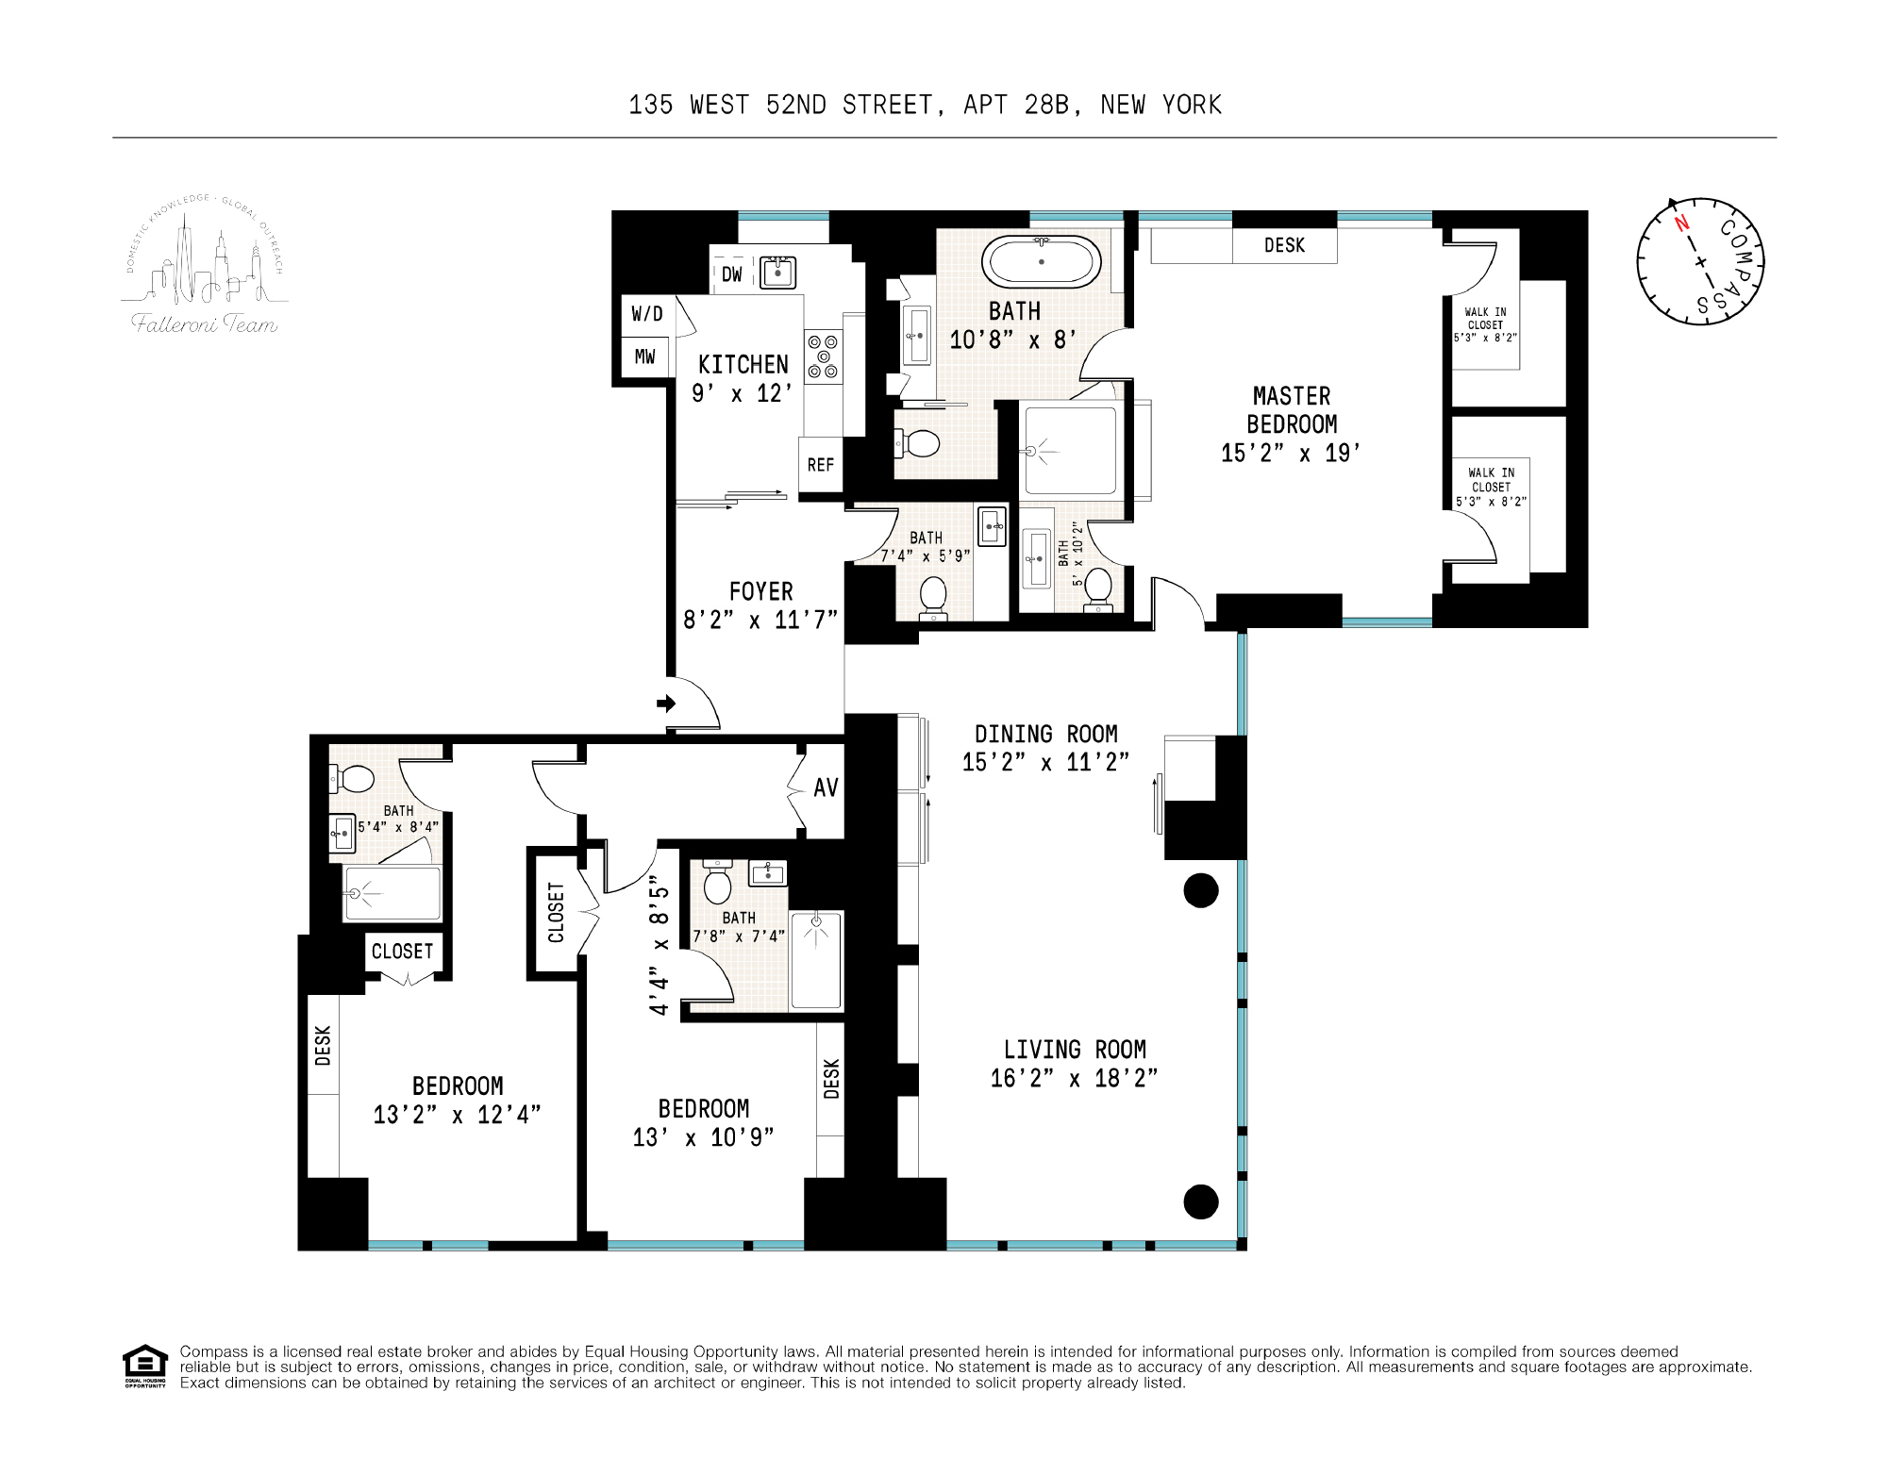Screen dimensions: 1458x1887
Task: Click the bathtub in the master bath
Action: tap(1041, 261)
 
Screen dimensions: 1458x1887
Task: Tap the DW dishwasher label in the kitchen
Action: tap(732, 274)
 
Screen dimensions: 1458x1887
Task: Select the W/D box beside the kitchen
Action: tap(647, 314)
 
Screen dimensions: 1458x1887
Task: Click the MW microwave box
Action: tap(645, 356)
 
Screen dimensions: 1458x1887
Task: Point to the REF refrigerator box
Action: tap(821, 464)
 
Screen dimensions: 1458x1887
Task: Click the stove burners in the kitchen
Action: tap(824, 356)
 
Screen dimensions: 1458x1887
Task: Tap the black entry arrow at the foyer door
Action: tap(667, 703)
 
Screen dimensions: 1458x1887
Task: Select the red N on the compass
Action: tap(1681, 224)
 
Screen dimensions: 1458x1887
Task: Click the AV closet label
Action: tap(826, 787)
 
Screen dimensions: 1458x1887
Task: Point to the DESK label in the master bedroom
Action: tap(1284, 245)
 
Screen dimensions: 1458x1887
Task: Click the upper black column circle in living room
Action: tap(1201, 890)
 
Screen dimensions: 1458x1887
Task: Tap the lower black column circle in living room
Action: tap(1201, 1201)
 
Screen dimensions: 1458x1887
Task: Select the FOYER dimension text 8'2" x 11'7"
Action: tap(760, 620)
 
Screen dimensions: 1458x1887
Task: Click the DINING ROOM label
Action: tap(1045, 734)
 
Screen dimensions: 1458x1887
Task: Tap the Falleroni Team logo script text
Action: tap(205, 324)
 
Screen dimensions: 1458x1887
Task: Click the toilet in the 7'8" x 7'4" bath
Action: tap(719, 884)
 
